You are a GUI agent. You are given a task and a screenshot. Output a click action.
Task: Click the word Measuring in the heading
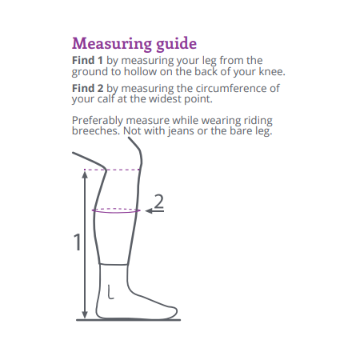[112, 43]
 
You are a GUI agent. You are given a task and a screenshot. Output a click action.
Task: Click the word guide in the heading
[176, 44]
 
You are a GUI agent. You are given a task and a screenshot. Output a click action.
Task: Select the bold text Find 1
[87, 60]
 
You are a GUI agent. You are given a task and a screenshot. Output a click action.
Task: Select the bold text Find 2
[88, 88]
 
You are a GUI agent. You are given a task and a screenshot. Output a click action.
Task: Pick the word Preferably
[98, 121]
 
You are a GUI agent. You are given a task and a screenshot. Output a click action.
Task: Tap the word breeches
[95, 130]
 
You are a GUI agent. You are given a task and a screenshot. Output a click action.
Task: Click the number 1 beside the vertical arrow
[78, 242]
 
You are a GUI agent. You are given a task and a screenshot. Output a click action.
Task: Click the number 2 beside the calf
[159, 202]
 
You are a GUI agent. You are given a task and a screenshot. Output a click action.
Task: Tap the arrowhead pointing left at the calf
[149, 211]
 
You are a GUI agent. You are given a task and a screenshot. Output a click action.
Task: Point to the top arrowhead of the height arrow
[85, 174]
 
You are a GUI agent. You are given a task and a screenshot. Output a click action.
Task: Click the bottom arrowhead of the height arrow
[85, 315]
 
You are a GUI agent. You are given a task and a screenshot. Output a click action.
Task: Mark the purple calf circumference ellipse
[116, 213]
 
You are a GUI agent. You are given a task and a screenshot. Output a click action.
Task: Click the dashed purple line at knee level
[112, 170]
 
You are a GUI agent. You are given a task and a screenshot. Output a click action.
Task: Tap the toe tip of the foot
[176, 312]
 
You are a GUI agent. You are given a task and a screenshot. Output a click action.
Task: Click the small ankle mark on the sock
[110, 293]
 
